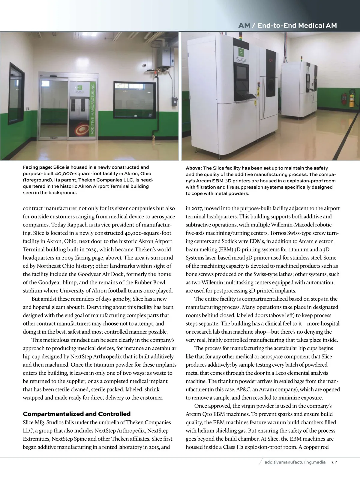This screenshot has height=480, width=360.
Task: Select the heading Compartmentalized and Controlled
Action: tap(77, 414)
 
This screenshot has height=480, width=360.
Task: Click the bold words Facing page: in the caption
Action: tap(37, 167)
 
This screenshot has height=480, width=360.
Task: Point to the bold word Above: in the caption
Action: tap(193, 168)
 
